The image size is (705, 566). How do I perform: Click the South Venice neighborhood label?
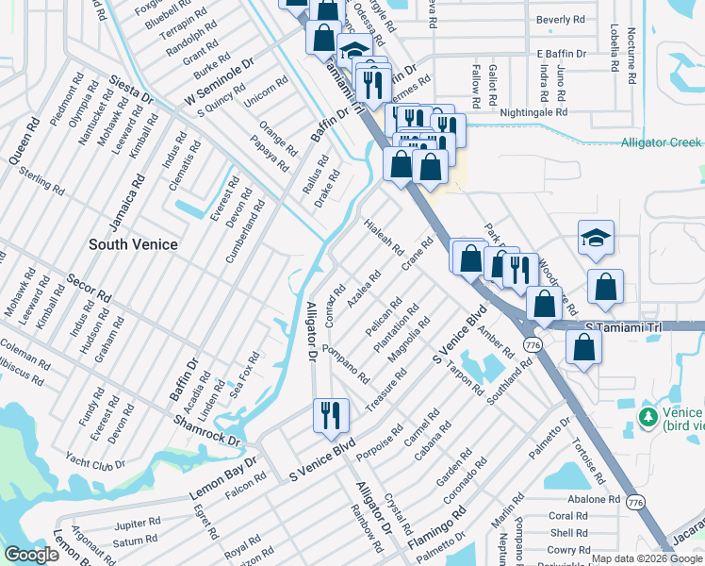point(133,244)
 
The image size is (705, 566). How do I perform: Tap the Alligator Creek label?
point(661,142)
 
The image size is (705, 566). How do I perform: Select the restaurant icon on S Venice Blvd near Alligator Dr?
point(331,417)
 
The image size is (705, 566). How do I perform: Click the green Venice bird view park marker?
point(648,416)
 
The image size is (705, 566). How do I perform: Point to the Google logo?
point(31,555)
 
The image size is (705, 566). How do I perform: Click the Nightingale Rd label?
point(535,111)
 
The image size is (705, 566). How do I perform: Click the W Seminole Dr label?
point(220,82)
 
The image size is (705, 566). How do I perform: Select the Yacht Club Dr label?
point(95,463)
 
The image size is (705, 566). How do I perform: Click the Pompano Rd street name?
point(346,363)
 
